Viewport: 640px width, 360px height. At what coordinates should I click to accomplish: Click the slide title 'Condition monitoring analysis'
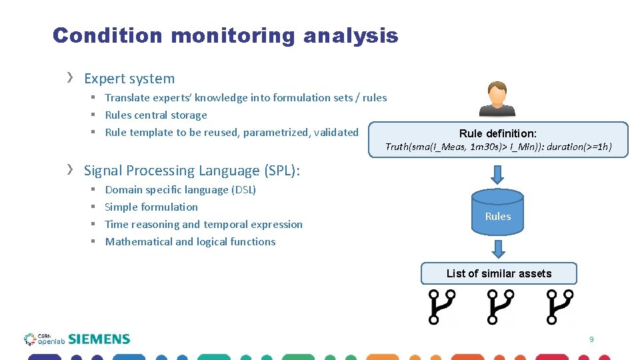[225, 36]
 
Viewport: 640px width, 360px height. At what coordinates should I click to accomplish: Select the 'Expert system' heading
[129, 79]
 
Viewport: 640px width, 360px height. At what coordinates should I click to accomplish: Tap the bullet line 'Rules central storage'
[156, 115]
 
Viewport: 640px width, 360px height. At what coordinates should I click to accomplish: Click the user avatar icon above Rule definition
[497, 99]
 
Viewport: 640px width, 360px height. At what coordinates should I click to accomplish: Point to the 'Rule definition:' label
[497, 133]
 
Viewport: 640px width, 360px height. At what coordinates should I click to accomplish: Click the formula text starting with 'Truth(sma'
[498, 147]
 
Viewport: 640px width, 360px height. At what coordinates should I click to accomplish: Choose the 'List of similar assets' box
[498, 273]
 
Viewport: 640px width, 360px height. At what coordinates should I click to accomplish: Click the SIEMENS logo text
[99, 339]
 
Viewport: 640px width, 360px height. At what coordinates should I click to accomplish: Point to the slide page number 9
[591, 340]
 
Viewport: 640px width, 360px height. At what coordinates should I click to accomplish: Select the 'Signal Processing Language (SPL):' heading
[192, 171]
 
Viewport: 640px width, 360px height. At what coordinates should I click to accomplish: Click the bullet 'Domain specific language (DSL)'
[180, 190]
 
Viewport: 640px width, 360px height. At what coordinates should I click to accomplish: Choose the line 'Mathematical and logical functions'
[190, 242]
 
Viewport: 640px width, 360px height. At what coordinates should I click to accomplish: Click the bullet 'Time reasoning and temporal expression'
[203, 225]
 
